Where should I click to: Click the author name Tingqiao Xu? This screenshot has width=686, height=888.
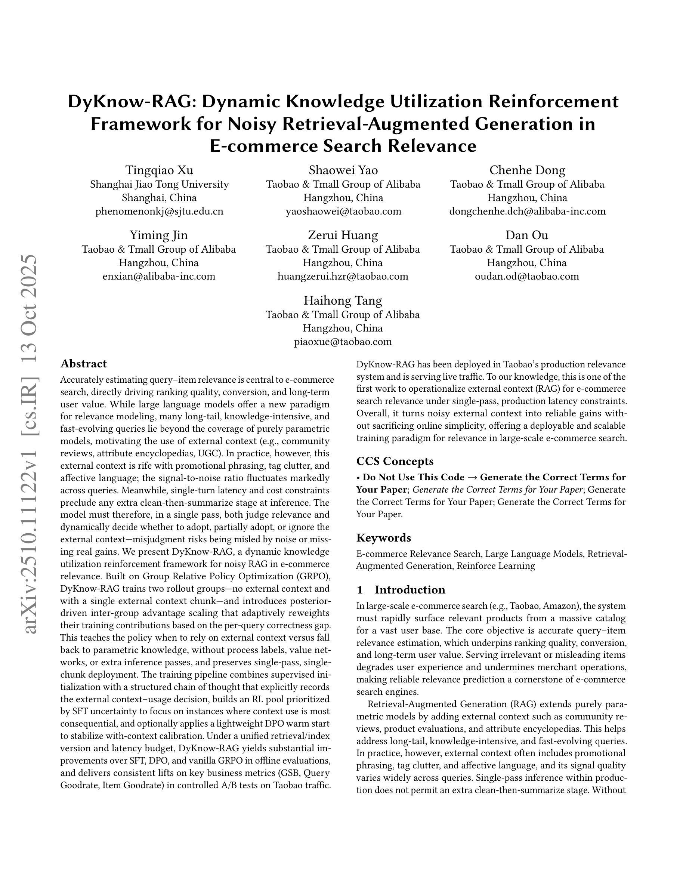coord(159,170)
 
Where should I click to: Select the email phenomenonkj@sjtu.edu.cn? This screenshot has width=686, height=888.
coord(159,212)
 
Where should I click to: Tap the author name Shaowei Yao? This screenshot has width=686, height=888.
coord(343,170)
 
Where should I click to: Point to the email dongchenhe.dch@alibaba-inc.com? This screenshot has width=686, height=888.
coord(527,212)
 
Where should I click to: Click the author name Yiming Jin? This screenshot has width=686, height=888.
coord(158,235)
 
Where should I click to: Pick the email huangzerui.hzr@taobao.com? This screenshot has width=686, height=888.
coord(343,277)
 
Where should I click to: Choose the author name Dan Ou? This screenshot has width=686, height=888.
coord(527,235)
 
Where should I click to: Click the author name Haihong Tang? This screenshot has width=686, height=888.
coord(343,300)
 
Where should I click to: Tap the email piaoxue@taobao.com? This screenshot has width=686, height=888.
coord(343,342)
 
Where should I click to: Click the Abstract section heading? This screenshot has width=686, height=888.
coord(83,364)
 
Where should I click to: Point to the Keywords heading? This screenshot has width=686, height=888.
coord(383,538)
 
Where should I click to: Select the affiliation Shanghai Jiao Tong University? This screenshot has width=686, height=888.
coord(159,184)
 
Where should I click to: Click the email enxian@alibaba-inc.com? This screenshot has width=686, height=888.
coord(159,277)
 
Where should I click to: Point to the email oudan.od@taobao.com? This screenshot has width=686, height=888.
coord(527,277)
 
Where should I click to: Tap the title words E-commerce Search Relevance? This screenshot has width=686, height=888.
coord(343,145)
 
